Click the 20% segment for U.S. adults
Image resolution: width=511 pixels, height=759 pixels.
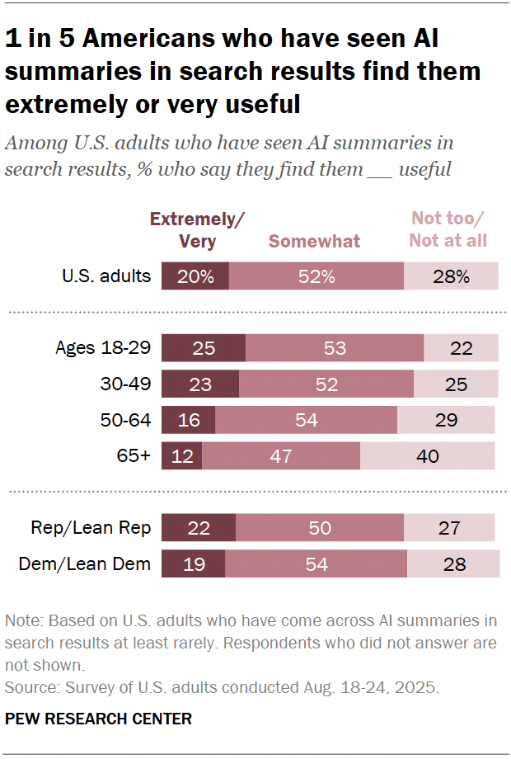pos(195,276)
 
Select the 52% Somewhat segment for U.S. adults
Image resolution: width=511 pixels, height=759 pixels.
pos(316,276)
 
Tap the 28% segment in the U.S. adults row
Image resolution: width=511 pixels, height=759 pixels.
pos(451,276)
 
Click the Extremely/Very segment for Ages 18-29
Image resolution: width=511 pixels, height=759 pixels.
pos(204,348)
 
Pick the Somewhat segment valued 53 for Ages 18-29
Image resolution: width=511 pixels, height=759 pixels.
pos(335,348)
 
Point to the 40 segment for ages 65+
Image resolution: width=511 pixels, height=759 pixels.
pos(428,455)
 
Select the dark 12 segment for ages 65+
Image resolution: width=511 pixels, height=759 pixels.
pos(181,455)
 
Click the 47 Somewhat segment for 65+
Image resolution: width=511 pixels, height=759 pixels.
pos(281,455)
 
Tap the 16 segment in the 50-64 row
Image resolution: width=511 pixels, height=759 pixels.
pos(188,420)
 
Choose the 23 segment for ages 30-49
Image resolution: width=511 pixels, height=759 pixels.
pos(200,384)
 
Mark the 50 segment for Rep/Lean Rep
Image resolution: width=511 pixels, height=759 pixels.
pos(320,528)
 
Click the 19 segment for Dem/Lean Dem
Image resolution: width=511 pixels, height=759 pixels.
pos(193,564)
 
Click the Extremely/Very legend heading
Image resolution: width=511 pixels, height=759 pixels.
pos(197,230)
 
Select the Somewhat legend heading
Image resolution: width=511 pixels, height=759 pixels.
pos(315,241)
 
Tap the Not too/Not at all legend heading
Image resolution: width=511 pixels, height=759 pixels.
pos(449,229)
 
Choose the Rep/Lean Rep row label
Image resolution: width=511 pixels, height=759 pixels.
pos(91,528)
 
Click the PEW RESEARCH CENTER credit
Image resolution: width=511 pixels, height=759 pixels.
pos(98,719)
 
